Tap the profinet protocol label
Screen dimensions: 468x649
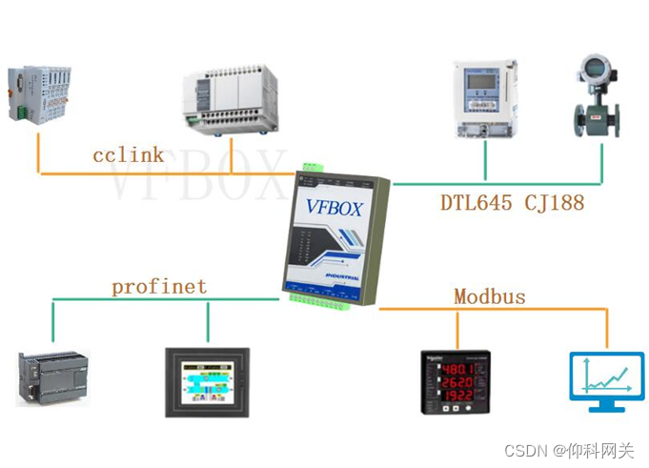(x=158, y=285)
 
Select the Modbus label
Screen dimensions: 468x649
(x=489, y=296)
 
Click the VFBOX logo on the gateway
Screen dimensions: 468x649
(x=334, y=207)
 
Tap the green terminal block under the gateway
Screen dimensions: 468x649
(x=319, y=298)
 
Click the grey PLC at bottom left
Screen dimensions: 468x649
(x=52, y=377)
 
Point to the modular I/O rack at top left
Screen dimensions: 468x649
(x=39, y=93)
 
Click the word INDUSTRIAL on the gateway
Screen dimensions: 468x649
(x=336, y=273)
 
